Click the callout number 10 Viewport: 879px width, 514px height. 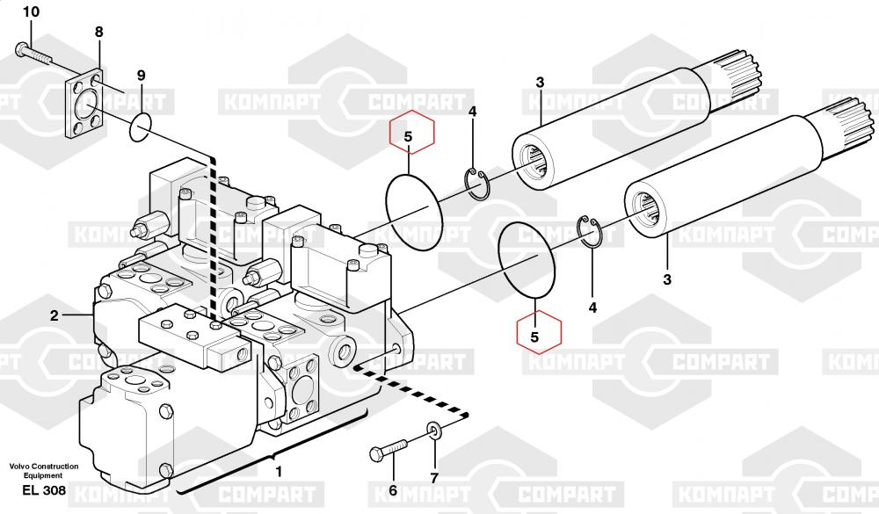point(31,11)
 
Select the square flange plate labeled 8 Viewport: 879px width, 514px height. point(84,103)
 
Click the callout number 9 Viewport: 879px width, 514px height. point(141,76)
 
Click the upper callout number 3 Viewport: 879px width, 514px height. point(540,83)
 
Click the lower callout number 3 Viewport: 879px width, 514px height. point(667,279)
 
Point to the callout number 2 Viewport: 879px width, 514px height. point(54,315)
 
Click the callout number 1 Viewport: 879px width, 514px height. point(279,472)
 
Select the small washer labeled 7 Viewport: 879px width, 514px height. point(434,431)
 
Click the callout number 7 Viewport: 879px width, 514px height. point(434,478)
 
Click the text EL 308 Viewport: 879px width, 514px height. point(44,490)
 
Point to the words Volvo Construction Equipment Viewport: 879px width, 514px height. point(44,470)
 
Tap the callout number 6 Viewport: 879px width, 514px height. point(392,490)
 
